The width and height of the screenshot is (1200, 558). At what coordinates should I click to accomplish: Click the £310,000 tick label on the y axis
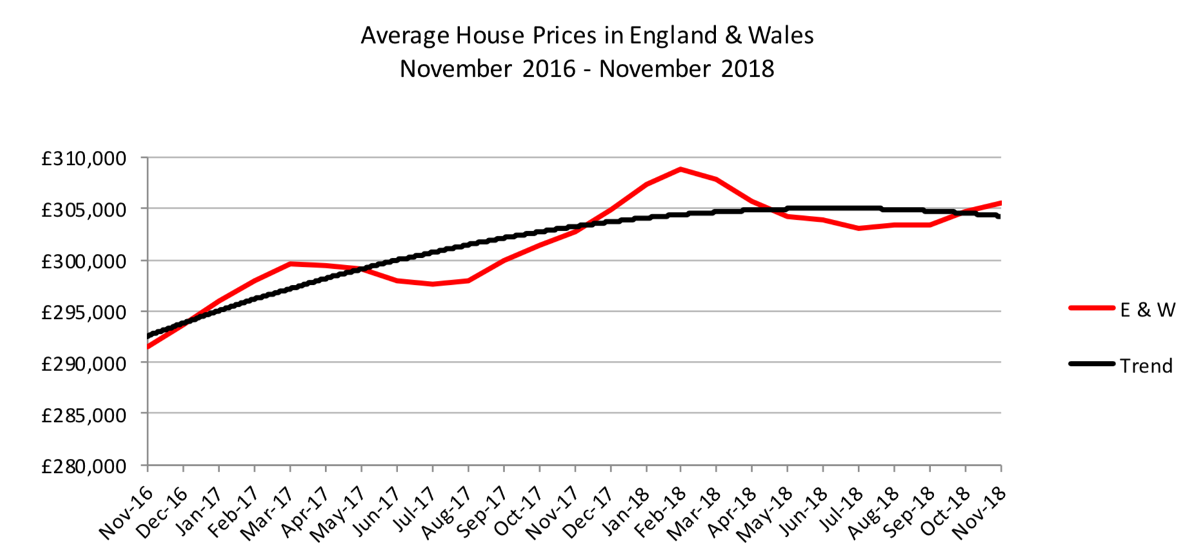point(83,159)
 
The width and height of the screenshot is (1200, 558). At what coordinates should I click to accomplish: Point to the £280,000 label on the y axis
point(83,466)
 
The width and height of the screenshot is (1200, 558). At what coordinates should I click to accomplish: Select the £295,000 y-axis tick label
point(83,313)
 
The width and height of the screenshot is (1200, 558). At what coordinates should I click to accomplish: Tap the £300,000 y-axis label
point(83,262)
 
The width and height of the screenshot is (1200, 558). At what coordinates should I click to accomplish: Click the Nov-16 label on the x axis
point(126,513)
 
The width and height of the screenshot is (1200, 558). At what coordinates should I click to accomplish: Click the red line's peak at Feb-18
point(680,169)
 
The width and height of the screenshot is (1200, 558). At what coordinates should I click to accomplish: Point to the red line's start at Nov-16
point(148,347)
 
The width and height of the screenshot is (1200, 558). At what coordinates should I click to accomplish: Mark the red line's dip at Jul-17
point(432,284)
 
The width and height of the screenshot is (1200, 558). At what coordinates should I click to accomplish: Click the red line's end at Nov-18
point(1000,203)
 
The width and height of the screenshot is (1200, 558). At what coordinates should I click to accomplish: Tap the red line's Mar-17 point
point(290,264)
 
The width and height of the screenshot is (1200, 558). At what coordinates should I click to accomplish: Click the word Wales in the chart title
point(781,35)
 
